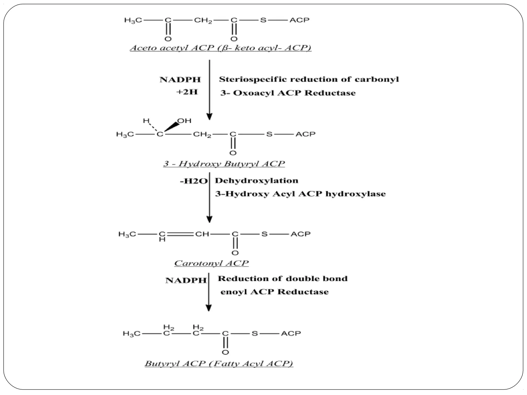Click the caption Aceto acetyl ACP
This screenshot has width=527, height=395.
221,48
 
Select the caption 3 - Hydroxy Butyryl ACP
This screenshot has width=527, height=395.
224,164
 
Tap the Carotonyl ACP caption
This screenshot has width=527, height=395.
211,263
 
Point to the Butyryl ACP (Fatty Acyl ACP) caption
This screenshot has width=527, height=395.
219,363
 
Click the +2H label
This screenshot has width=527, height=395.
187,92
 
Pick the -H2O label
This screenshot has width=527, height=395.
194,181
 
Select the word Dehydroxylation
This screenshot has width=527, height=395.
257,181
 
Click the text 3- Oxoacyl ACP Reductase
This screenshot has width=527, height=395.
288,93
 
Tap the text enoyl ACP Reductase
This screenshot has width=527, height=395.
274,292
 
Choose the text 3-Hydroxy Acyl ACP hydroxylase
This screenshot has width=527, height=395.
300,194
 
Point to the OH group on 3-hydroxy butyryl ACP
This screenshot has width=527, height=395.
185,121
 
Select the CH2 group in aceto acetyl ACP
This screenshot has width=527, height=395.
203,20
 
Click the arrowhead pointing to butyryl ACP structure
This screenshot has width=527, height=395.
209,308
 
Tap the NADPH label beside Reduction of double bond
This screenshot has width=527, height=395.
186,280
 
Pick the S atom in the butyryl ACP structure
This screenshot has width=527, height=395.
254,334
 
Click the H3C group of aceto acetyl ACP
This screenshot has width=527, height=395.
133,20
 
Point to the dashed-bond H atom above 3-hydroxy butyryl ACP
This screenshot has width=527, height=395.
146,121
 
